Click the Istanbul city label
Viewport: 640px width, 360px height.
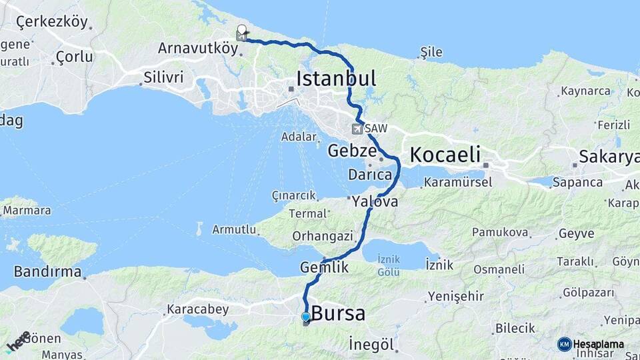pyautogui.click(x=336, y=78)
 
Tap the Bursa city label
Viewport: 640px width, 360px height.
pyautogui.click(x=338, y=313)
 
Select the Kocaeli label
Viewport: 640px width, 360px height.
pyautogui.click(x=445, y=155)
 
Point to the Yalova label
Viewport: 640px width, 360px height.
pyautogui.click(x=375, y=201)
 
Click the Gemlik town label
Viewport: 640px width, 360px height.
pyautogui.click(x=325, y=267)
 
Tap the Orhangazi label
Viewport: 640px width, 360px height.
pyautogui.click(x=322, y=236)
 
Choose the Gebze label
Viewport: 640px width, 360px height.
pyautogui.click(x=352, y=151)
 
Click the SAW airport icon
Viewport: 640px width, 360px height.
pyautogui.click(x=359, y=128)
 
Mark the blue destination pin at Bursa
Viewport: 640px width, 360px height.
pyautogui.click(x=305, y=317)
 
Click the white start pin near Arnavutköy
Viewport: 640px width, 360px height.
pyautogui.click(x=241, y=30)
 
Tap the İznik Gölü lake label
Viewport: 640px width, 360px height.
pyautogui.click(x=388, y=265)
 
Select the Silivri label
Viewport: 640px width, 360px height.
pyautogui.click(x=163, y=77)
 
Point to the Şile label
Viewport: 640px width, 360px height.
pyautogui.click(x=431, y=52)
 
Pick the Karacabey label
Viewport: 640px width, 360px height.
pyautogui.click(x=197, y=309)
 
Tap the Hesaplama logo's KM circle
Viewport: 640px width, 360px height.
pyautogui.click(x=564, y=344)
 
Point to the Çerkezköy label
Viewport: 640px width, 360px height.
pyautogui.click(x=52, y=22)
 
